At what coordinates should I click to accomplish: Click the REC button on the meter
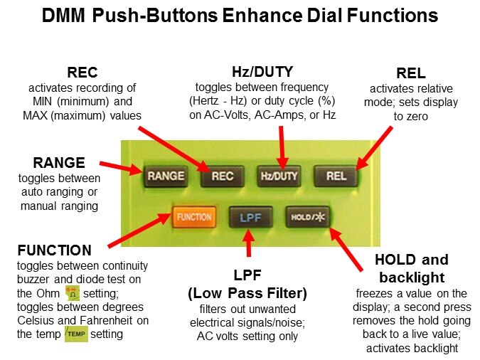coord(221,176)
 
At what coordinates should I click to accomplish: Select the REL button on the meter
coord(336,176)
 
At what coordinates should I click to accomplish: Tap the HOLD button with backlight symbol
coord(306,216)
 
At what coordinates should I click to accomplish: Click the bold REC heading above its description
coord(82,73)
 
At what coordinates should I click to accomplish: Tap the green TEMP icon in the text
coord(76,334)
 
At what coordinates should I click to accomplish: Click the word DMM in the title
coord(63,15)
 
